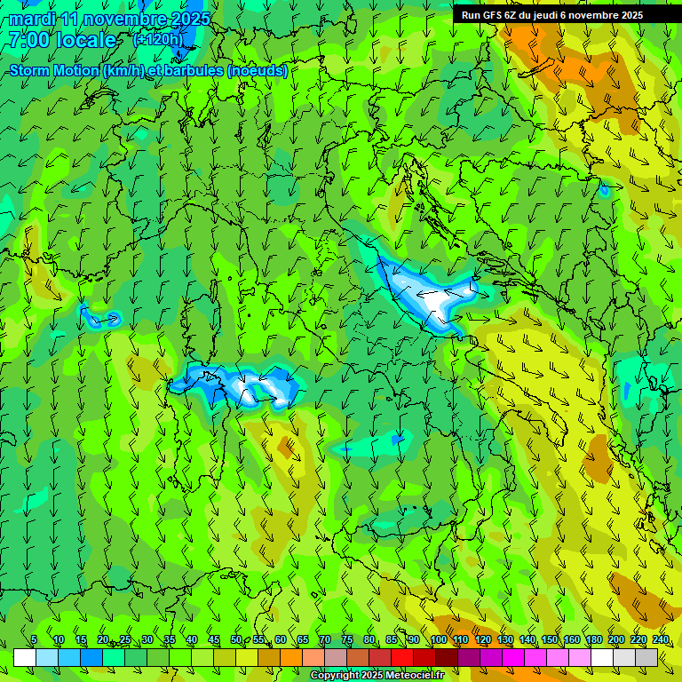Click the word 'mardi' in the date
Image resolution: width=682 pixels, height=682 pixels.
coord(33,19)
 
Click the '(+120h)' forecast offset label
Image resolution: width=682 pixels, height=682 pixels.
coord(158,39)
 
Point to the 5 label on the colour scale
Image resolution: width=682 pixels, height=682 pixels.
coord(34,639)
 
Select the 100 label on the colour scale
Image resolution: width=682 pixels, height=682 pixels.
coord(438,639)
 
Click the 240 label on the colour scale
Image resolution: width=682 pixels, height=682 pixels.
coord(661,639)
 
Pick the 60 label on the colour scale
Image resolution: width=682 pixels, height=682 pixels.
coord(280,639)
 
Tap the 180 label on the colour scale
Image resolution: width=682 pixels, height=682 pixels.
coord(594,639)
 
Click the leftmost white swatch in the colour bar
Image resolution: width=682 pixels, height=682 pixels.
coord(25,657)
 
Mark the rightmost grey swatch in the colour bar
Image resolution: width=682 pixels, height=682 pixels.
coord(646,657)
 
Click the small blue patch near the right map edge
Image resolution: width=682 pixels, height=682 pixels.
coord(605,188)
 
